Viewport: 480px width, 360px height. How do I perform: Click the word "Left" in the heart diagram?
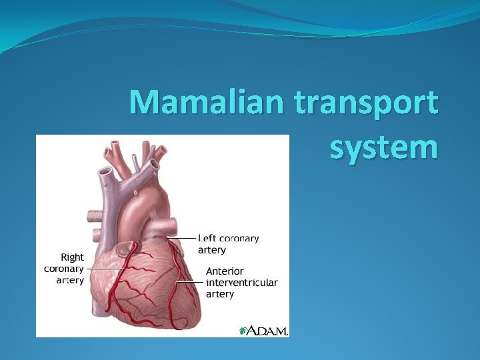click(x=207, y=238)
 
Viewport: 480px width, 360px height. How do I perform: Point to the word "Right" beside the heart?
click(x=73, y=257)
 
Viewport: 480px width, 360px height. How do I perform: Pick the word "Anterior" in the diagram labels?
click(x=225, y=271)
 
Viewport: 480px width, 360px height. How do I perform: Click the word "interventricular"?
click(x=241, y=283)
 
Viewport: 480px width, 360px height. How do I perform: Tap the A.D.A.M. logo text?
click(x=269, y=331)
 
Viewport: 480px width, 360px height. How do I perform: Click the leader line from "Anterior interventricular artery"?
click(x=190, y=282)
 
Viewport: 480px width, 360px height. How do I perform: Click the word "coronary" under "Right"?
click(x=64, y=269)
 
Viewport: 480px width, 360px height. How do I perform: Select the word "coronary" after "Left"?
click(x=239, y=238)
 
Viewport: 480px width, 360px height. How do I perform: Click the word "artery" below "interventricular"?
click(x=220, y=294)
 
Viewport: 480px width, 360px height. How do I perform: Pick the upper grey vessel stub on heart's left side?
click(x=93, y=216)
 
